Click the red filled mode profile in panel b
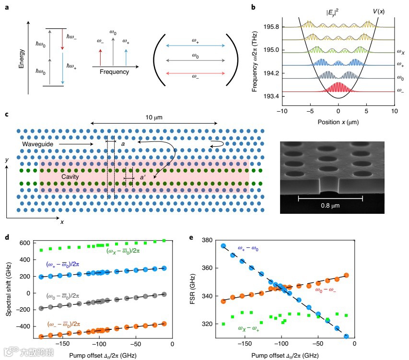(x=339, y=87)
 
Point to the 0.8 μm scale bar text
(x=330, y=207)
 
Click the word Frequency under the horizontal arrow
(x=114, y=72)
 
